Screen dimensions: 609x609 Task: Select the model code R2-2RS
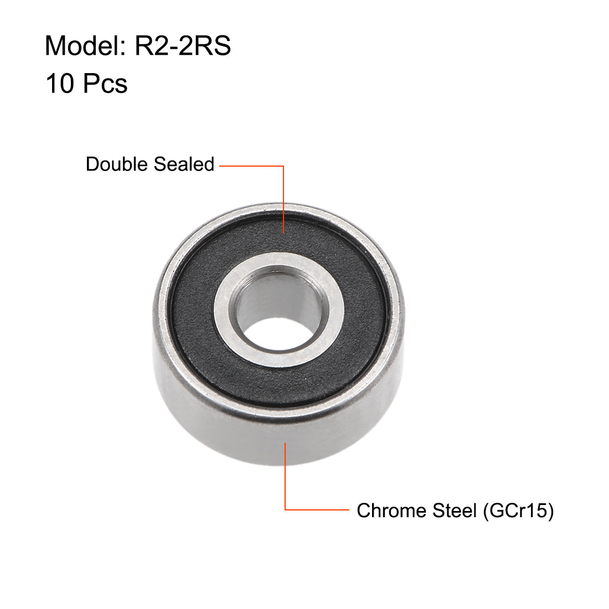[183, 45]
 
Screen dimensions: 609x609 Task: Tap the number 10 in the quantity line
[60, 84]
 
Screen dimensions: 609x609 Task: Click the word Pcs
[105, 84]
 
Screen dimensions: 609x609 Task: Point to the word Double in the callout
[117, 164]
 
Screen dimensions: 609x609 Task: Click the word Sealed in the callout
[184, 164]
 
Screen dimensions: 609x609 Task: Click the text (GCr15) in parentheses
[518, 510]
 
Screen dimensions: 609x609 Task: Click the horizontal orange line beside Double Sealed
[252, 166]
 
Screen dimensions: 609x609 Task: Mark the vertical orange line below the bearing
[285, 476]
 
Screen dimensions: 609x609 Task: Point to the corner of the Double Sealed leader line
[283, 166]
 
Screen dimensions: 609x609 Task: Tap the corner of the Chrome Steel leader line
[285, 509]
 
